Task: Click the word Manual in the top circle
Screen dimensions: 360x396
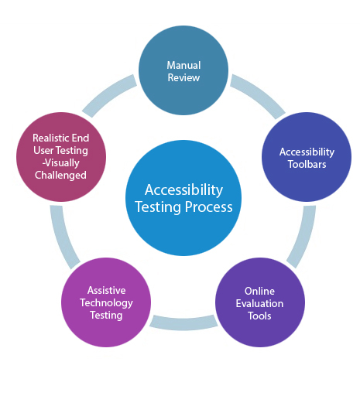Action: point(183,65)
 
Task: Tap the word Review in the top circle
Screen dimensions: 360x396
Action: point(183,77)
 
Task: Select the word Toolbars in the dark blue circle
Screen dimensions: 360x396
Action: point(307,164)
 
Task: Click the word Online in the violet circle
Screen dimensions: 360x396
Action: point(259,291)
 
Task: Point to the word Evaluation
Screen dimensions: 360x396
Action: point(259,303)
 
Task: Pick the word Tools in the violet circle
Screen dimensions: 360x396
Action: point(259,316)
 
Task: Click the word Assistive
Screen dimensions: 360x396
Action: point(106,290)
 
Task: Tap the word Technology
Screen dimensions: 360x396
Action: point(106,303)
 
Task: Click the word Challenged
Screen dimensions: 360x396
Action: point(60,176)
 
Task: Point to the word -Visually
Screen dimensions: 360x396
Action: point(61,163)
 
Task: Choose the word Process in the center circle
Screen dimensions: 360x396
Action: point(209,207)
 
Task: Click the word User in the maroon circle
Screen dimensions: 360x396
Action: point(43,150)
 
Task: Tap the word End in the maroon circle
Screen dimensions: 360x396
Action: point(81,138)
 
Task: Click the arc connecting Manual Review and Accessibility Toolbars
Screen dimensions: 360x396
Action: point(258,94)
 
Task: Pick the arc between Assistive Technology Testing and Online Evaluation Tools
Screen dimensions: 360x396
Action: point(183,323)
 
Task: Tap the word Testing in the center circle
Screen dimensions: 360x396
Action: point(158,207)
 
